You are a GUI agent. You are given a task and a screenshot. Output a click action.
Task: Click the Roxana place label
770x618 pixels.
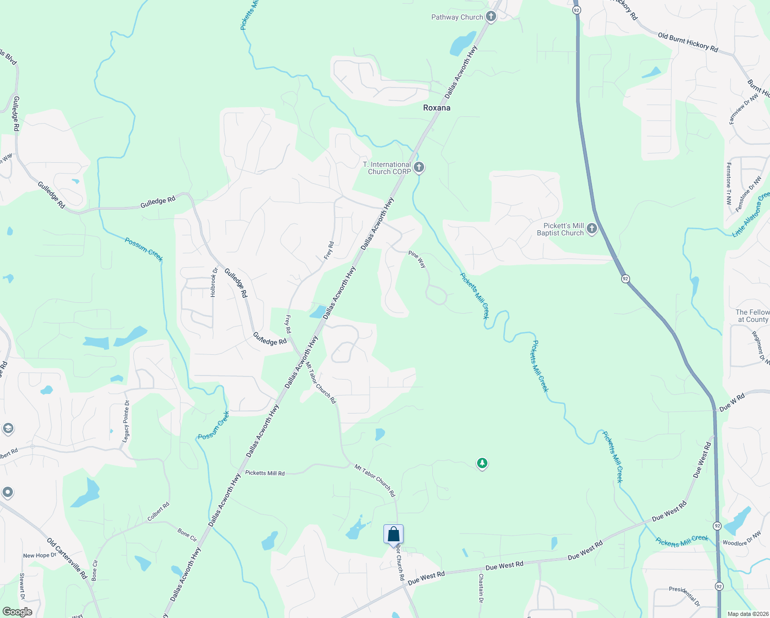pos(436,108)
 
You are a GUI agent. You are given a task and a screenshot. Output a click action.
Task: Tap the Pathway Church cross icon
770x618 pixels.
pos(491,17)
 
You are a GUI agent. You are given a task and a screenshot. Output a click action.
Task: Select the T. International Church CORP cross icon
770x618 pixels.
pos(419,167)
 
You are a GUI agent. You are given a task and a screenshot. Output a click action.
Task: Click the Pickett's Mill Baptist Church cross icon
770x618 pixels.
pos(591,229)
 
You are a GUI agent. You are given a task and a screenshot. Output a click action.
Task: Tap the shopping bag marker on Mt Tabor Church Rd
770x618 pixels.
pos(393,535)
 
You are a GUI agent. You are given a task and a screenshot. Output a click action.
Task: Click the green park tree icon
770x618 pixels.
pos(482,463)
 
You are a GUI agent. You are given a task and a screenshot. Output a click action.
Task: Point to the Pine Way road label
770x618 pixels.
pos(417,259)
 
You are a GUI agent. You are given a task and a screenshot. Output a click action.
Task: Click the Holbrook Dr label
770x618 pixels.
pos(214,282)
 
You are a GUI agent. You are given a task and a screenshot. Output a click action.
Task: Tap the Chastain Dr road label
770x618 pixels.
pos(481,588)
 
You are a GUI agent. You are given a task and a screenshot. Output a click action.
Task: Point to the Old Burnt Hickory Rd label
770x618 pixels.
pos(688,42)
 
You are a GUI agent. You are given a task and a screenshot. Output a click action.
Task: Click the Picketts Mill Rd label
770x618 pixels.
pos(265,473)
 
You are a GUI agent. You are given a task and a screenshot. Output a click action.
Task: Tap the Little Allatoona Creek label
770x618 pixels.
pos(751,215)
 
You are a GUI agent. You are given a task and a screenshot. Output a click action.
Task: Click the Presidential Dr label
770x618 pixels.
pos(684,595)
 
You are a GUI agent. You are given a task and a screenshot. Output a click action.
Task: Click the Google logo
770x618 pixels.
pos(17,612)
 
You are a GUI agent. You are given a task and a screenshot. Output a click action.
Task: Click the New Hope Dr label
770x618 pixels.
pos(40,556)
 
